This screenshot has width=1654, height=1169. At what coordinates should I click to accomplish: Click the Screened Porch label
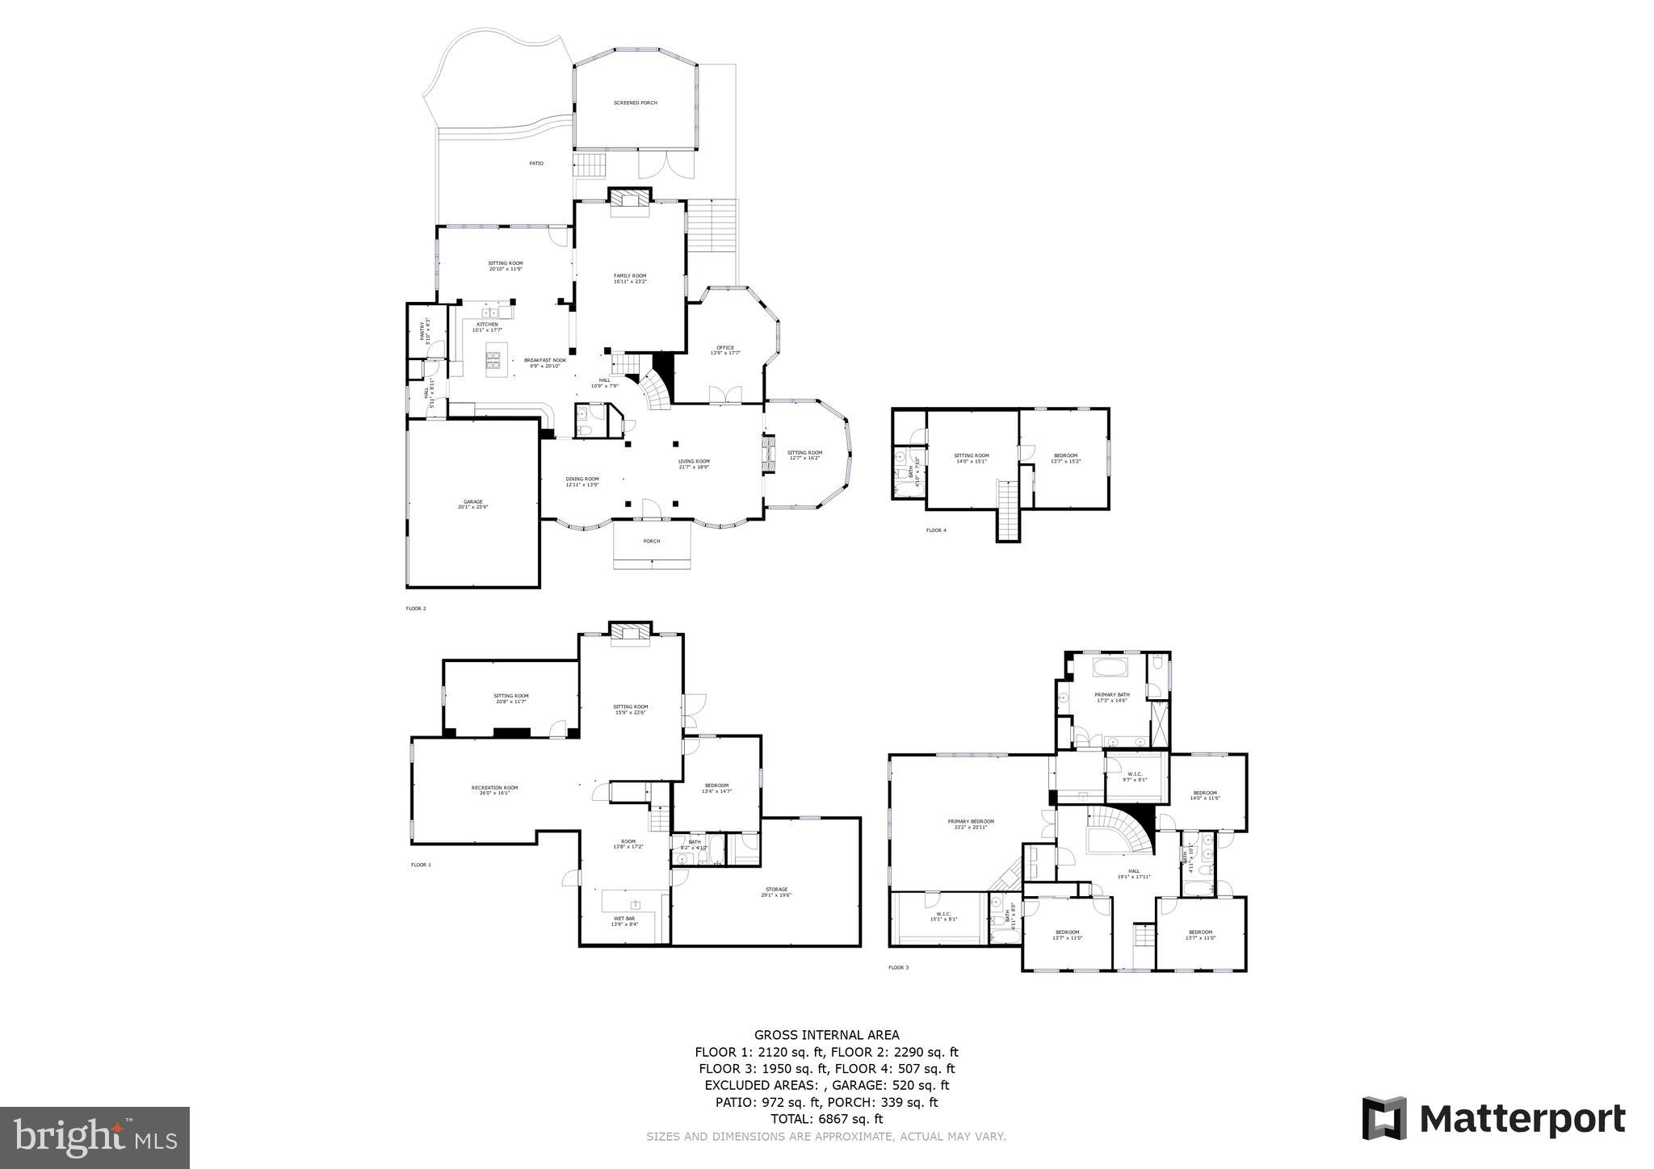(635, 103)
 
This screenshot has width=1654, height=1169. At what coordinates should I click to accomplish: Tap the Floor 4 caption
(936, 530)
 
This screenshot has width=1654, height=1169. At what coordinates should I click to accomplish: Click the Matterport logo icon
(1384, 1119)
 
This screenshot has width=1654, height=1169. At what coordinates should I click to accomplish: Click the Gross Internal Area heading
(826, 1035)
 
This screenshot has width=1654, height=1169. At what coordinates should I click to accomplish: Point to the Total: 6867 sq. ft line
(826, 1119)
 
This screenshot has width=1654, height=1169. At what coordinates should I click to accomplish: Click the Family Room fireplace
(629, 202)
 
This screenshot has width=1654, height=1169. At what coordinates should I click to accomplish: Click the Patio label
(536, 164)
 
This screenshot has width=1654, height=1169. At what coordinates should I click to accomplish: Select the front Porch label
(652, 541)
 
